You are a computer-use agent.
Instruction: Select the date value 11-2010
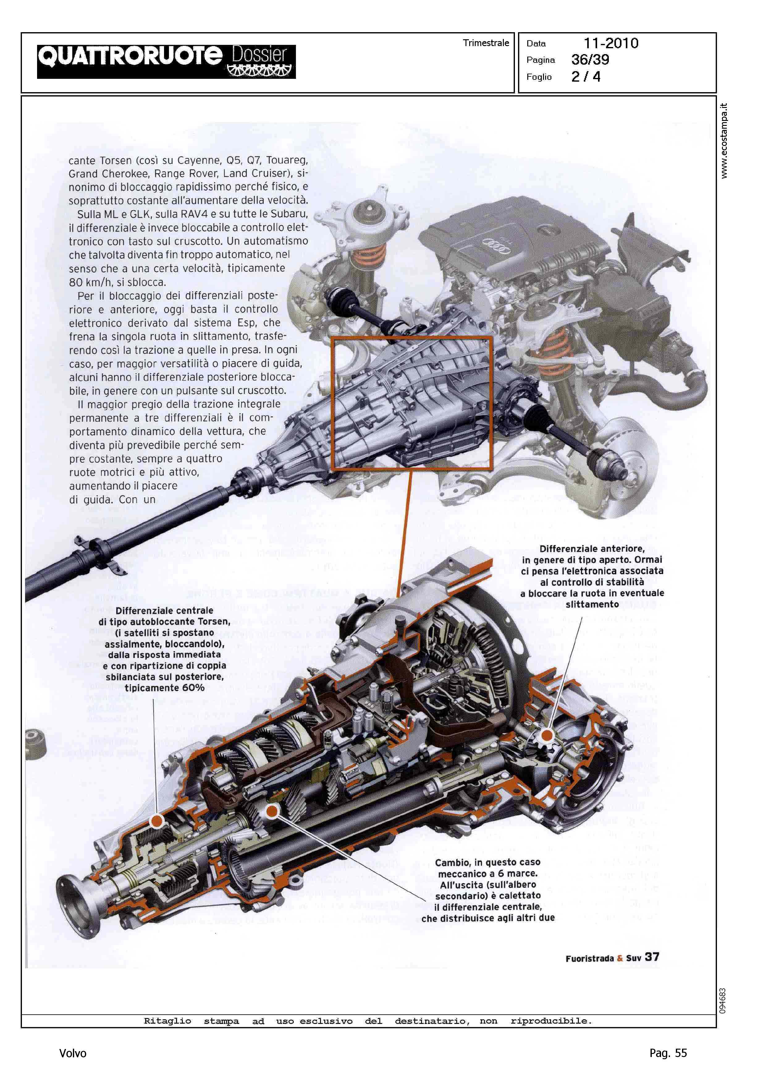coord(611,43)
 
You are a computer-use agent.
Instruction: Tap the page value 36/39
coord(590,60)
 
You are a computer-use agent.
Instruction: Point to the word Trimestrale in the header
coord(486,43)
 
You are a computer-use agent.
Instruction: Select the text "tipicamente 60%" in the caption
coord(164,688)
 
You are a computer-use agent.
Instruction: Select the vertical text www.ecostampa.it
coord(723,141)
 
